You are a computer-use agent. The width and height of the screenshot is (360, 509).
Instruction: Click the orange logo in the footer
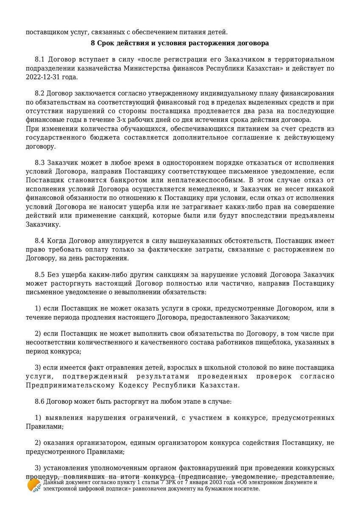(33, 485)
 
